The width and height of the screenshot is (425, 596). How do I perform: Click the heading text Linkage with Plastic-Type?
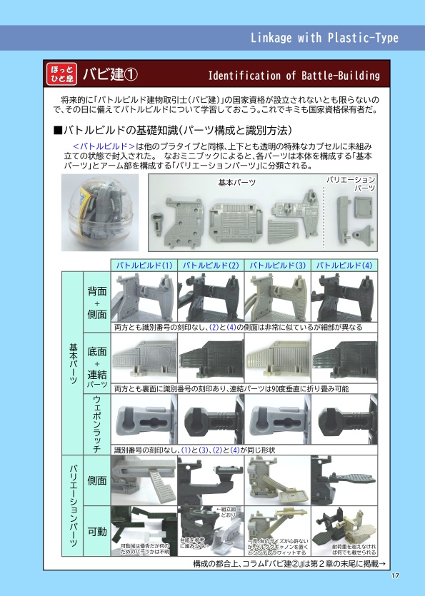pos(324,38)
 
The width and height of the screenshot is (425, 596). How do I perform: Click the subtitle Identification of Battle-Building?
pos(294,76)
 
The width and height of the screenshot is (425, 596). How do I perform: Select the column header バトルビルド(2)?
pos(210,265)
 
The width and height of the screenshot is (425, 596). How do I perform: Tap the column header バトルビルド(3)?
pos(277,265)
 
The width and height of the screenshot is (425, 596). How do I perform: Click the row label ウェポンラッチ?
pos(96,425)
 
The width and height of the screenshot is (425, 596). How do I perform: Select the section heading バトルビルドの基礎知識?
pos(172,131)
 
